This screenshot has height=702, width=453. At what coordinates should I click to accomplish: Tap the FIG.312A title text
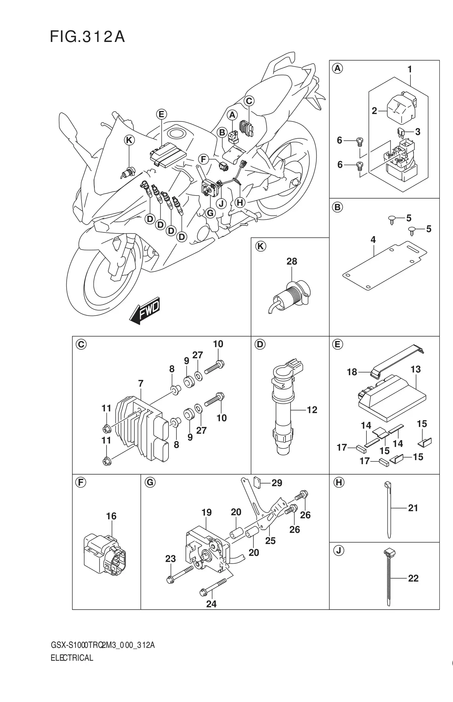87,37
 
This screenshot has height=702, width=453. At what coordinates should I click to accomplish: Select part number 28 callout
292,261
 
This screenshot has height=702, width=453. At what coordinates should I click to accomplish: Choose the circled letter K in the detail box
261,247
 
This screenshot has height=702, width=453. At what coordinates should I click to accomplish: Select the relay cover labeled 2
401,107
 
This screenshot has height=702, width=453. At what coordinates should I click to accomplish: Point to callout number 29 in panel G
277,483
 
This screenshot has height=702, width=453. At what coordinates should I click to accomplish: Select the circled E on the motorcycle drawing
161,114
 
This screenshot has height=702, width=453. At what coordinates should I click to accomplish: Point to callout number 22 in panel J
413,578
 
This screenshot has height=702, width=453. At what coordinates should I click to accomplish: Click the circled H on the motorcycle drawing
240,203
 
